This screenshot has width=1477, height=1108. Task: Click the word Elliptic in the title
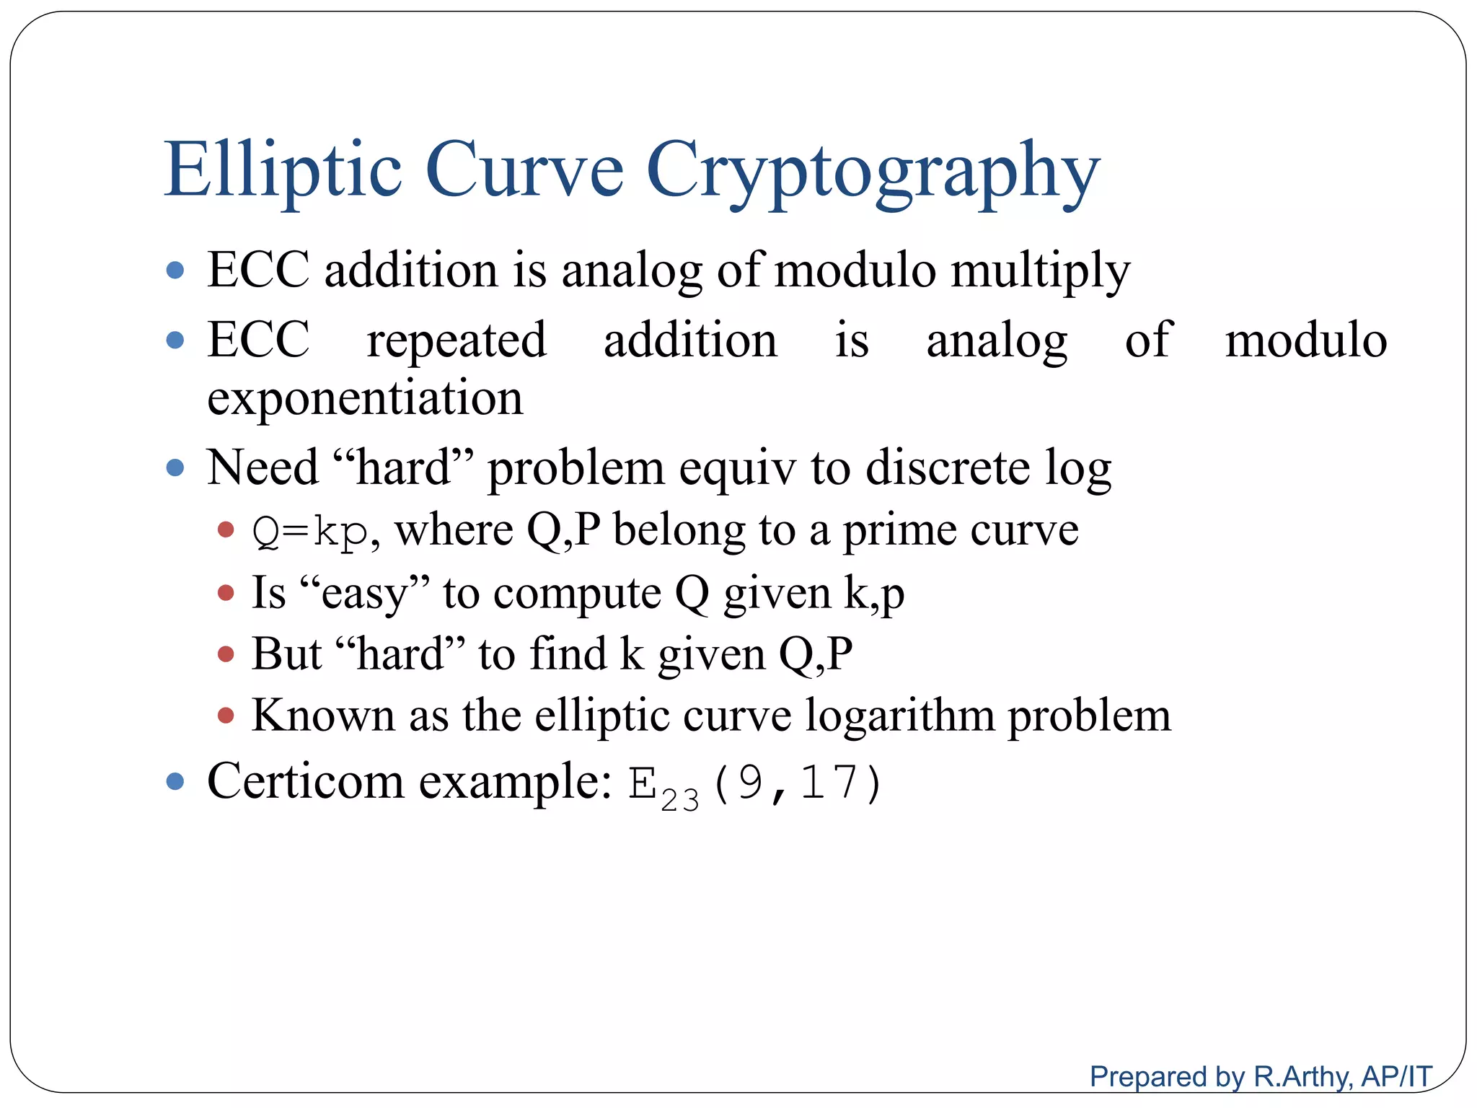(283, 170)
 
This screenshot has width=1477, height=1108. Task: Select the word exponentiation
(365, 398)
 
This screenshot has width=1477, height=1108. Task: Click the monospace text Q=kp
(310, 532)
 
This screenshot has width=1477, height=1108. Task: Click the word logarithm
(899, 716)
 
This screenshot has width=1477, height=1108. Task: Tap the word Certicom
(306, 781)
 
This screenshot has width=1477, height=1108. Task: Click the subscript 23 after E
(679, 800)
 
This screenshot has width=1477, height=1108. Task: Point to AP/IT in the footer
(1396, 1076)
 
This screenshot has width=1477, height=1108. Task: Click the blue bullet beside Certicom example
(175, 781)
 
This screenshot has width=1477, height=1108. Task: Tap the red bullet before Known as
(226, 716)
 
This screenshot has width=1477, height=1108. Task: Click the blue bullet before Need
(175, 467)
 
